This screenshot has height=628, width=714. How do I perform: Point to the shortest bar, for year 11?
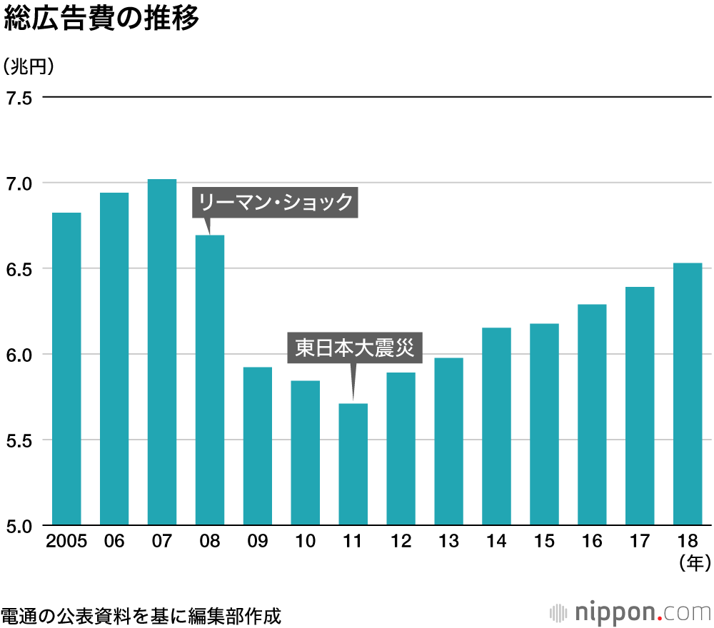(353, 464)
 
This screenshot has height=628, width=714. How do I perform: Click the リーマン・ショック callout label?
(276, 203)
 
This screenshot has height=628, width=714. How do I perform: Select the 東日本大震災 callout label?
(354, 349)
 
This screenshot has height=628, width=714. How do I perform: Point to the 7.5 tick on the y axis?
(19, 98)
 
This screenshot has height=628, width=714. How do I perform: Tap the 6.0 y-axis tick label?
(19, 355)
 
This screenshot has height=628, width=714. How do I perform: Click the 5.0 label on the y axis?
(19, 526)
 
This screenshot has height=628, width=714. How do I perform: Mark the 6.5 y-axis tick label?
(19, 269)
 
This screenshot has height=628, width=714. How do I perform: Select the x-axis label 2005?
(66, 542)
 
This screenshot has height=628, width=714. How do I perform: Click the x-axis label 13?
(448, 542)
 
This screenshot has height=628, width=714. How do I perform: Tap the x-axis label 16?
(592, 542)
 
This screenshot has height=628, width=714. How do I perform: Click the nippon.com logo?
(631, 612)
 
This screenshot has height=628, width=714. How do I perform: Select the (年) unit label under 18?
(693, 563)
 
